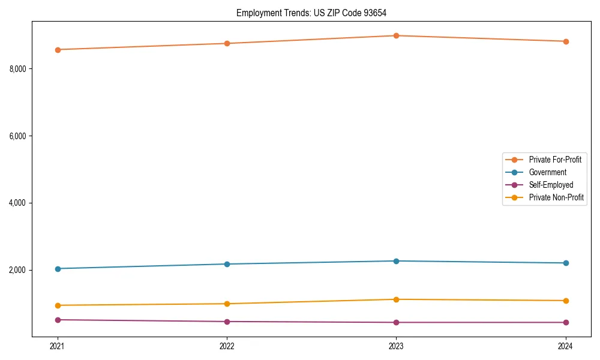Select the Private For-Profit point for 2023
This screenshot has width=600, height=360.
point(396,35)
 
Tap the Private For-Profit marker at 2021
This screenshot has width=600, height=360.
point(58,50)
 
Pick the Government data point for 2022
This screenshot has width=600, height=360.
point(227,264)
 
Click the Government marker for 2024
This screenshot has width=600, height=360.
point(566,263)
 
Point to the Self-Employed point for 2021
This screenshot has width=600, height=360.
point(58,320)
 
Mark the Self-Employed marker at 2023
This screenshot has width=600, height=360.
point(396,322)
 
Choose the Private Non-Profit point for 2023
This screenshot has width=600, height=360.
point(396,299)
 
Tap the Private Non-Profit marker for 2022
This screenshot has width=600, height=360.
point(227,304)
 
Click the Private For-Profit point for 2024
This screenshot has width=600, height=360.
point(566,41)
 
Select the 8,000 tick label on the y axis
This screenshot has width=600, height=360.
point(18,69)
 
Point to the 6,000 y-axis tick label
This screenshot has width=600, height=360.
point(18,136)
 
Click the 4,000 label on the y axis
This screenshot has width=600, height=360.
point(18,203)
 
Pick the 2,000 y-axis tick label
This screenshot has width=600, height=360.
point(18,270)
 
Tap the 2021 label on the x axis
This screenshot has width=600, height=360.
point(58,346)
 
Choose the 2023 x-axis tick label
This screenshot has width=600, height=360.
point(396,346)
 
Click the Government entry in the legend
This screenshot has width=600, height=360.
point(547,172)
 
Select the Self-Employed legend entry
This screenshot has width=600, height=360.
point(551,185)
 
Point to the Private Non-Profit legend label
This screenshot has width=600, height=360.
point(556,197)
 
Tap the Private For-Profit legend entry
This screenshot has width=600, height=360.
point(555,160)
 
